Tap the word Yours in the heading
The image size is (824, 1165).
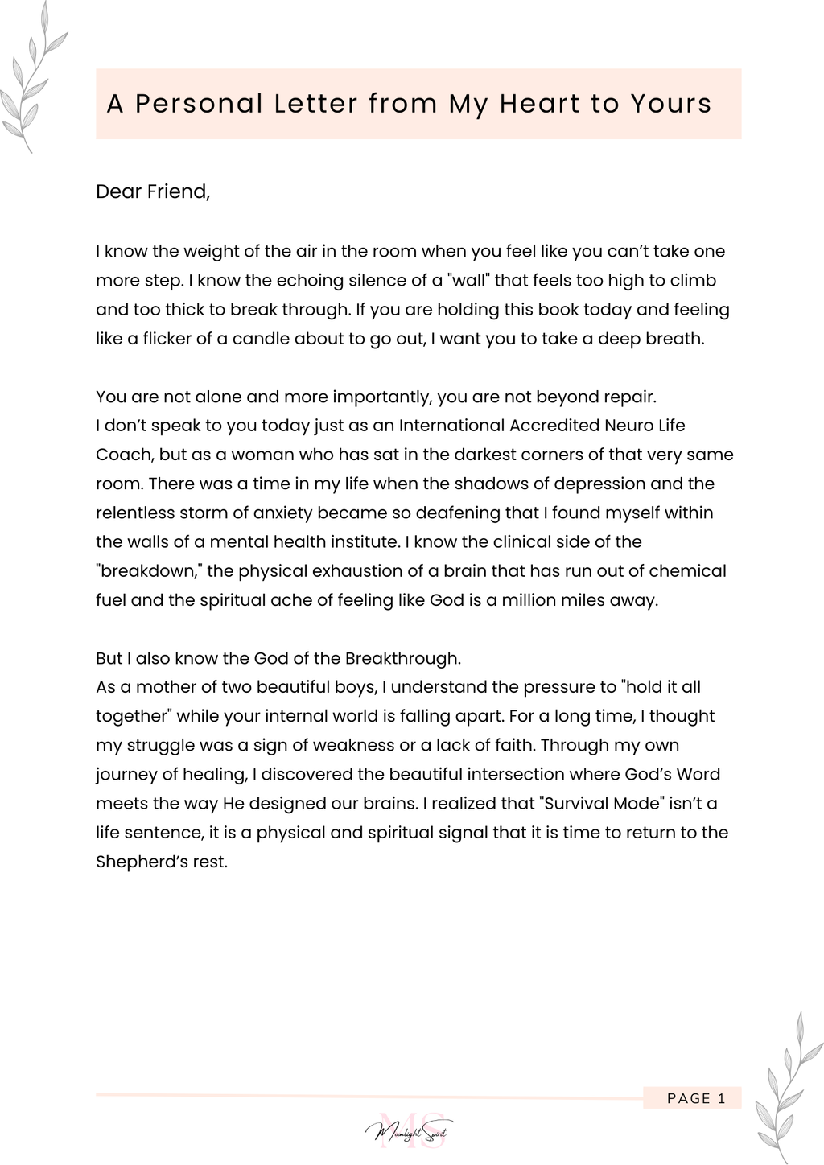pyautogui.click(x=670, y=104)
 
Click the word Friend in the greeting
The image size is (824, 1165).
pyautogui.click(x=177, y=191)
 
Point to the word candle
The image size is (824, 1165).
pyautogui.click(x=261, y=339)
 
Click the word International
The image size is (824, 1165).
pyautogui.click(x=453, y=426)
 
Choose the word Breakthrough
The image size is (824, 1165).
pyautogui.click(x=402, y=658)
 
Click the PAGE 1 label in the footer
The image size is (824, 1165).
pyautogui.click(x=696, y=1098)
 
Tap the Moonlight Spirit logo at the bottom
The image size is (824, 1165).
pyautogui.click(x=410, y=1132)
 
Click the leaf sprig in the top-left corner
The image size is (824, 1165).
pyautogui.click(x=32, y=80)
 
